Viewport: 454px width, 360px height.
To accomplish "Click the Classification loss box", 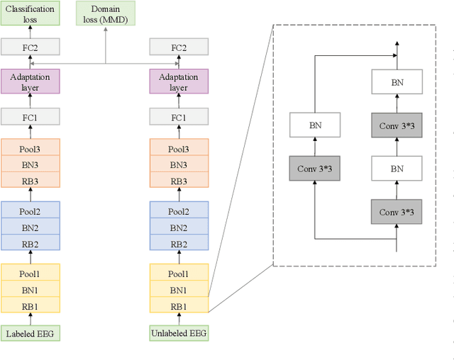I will tap(31, 13).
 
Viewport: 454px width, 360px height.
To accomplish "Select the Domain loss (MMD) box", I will tap(106, 13).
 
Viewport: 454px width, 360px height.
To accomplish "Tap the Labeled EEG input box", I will tap(31, 333).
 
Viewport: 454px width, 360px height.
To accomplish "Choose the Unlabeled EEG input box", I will tap(179, 333).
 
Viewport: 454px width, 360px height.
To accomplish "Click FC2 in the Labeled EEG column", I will tap(31, 47).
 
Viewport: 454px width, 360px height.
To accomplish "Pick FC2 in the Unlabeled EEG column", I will tap(179, 47).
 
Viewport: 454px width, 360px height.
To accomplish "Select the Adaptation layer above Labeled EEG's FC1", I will tap(31, 82).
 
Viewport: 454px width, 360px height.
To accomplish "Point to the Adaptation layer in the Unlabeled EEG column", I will tap(179, 82).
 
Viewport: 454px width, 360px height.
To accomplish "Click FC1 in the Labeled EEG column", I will tap(31, 117).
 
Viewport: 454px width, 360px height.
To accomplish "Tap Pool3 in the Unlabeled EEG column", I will tap(179, 149).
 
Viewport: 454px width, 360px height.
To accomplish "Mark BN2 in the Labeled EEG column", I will tap(31, 227).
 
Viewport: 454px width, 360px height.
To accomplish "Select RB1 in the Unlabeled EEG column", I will tap(179, 305).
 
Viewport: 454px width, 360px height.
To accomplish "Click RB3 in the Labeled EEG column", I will tap(31, 181).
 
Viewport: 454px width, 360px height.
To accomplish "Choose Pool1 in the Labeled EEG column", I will tap(31, 274).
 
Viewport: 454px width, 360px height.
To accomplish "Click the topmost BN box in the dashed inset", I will tap(397, 82).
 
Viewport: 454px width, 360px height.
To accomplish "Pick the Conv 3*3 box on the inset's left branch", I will tap(315, 168).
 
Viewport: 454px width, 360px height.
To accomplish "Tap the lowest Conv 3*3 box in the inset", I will tap(397, 212).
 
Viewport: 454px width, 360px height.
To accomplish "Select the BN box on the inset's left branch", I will tap(315, 125).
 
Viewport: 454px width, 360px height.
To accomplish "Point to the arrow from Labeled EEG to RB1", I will tap(31, 319).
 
